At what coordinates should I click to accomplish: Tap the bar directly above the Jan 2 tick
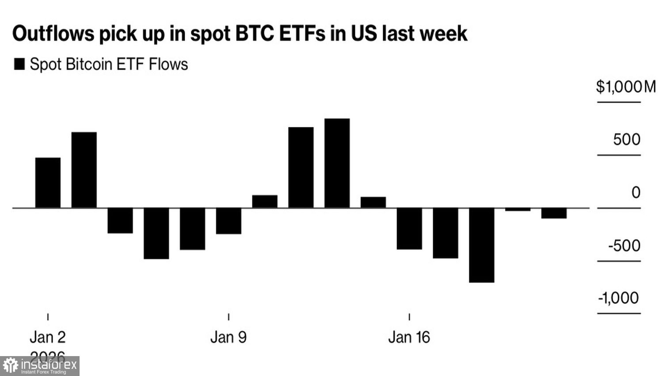pos(48,182)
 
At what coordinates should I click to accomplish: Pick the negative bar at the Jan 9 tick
pos(229,221)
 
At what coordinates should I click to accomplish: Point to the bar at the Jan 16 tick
pos(409,228)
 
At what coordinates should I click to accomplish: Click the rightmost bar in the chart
pos(554,213)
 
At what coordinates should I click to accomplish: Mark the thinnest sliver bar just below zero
pos(518,209)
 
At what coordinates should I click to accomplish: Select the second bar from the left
pos(84,170)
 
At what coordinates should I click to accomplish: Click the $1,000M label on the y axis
pos(625,87)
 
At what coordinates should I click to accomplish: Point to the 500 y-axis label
pos(626,140)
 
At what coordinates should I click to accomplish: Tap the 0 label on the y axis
pos(636,192)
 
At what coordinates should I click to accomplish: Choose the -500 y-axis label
pos(624,246)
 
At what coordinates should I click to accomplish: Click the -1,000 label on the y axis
pos(618,298)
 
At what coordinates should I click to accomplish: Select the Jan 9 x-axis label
pos(229,338)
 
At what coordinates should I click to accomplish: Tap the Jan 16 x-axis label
pos(409,338)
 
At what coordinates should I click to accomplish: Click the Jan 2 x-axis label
pos(48,338)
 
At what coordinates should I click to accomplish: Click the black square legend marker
pos(19,64)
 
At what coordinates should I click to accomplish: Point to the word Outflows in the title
pos(53,34)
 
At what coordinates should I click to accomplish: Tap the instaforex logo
pos(40,366)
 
